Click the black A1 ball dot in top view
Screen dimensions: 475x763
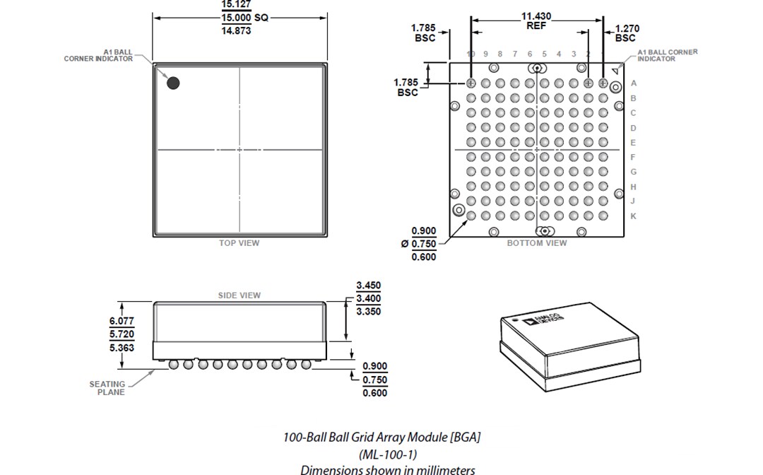tap(173, 83)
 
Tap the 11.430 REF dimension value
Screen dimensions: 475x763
tap(536, 20)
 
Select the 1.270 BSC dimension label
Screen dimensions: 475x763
tap(626, 33)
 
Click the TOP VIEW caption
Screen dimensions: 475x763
tap(239, 243)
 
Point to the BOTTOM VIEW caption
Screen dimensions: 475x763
tap(537, 243)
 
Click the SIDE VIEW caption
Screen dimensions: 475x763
tap(239, 295)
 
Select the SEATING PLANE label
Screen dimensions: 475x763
tap(107, 388)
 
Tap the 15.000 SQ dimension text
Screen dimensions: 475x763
tap(244, 18)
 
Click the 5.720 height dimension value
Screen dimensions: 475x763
tap(122, 334)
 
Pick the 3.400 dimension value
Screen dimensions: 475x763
tap(368, 299)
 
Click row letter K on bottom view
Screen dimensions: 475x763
tap(633, 216)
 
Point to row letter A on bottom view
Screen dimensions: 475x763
tap(633, 83)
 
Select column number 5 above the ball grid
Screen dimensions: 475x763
tap(544, 54)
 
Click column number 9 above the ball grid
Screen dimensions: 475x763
tap(485, 54)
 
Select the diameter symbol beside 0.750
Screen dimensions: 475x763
tap(404, 244)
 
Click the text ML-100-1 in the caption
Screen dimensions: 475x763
tap(381, 454)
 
